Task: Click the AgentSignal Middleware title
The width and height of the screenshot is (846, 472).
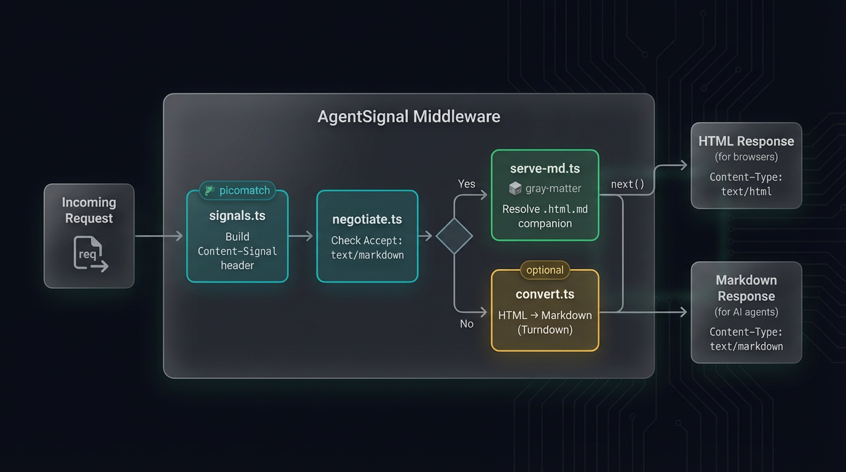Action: coord(408,117)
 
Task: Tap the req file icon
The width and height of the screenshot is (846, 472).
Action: coord(90,253)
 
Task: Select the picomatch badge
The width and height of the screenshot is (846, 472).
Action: coord(237,191)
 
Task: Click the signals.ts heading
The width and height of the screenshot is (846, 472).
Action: coord(237,216)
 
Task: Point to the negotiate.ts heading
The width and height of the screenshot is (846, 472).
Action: coord(367,219)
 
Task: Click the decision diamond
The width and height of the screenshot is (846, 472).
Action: coord(454,236)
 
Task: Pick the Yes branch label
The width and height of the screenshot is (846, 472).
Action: coord(467,184)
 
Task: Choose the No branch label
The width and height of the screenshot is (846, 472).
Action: coord(467,324)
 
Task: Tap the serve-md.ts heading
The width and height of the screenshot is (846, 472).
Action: coord(545,168)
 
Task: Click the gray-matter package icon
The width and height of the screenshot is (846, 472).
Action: coord(515,189)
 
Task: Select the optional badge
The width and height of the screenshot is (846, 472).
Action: coord(545,270)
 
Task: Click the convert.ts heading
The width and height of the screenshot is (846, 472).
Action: coord(545,294)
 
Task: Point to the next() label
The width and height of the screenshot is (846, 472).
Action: coord(628,184)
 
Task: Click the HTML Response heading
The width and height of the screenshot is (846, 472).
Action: coord(746,141)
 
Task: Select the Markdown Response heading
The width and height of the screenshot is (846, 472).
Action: coord(746,288)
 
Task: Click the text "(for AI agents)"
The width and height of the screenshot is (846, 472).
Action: coord(746,312)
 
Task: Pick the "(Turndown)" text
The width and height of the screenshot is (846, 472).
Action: coord(545,330)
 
